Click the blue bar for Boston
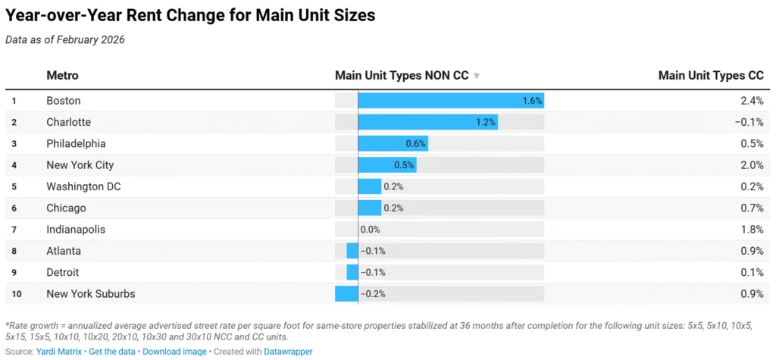[450, 101]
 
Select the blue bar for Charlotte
[427, 122]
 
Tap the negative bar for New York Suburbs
[346, 294]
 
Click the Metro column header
[62, 76]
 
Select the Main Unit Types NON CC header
[402, 76]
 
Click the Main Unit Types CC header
[710, 76]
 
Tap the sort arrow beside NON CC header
[477, 77]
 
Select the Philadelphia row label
[76, 144]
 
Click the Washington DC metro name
[83, 186]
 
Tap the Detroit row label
[62, 272]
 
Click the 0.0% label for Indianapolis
[371, 230]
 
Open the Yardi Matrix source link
[59, 352]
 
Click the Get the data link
[112, 352]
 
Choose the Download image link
[174, 352]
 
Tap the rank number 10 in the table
[14, 294]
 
